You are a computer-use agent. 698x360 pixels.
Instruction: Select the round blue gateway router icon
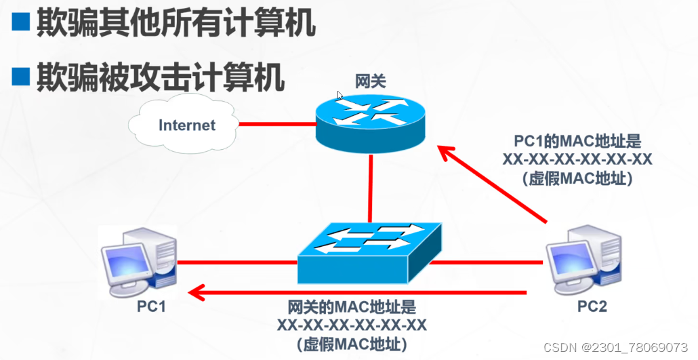[x=370, y=121]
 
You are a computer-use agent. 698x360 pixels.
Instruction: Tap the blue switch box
[x=369, y=252]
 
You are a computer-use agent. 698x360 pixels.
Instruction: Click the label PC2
[x=592, y=306]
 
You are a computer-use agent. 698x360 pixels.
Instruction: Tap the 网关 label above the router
[x=371, y=81]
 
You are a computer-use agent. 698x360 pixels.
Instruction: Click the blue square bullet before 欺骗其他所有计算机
[x=22, y=24]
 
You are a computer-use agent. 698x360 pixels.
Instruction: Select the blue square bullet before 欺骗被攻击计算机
[x=22, y=77]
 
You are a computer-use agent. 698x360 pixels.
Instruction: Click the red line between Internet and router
[x=276, y=125]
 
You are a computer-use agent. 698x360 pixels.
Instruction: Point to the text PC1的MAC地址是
[x=577, y=142]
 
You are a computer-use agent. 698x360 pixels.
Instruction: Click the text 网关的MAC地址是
[x=352, y=307]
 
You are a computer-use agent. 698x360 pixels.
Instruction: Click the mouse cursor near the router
[x=340, y=96]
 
